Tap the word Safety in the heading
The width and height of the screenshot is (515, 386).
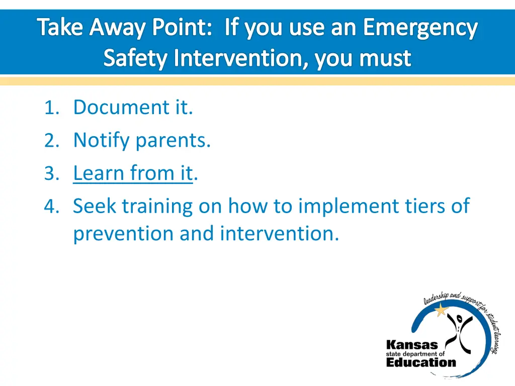[x=135, y=58]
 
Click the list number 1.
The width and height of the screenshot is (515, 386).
[x=52, y=108]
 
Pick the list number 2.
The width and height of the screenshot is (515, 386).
[x=52, y=141]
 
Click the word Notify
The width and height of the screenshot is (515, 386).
[x=102, y=141]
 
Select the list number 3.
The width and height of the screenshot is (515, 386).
[x=52, y=173]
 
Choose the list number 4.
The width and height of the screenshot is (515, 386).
[x=52, y=207]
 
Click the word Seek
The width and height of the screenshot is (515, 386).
[x=95, y=206]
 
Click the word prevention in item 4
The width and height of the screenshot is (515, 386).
[x=123, y=234]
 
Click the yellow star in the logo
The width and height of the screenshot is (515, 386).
[x=441, y=309]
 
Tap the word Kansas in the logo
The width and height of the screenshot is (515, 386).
[x=412, y=345]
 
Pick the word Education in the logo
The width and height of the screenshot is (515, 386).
[x=421, y=362]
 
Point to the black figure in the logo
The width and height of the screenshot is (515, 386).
[x=459, y=333]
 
